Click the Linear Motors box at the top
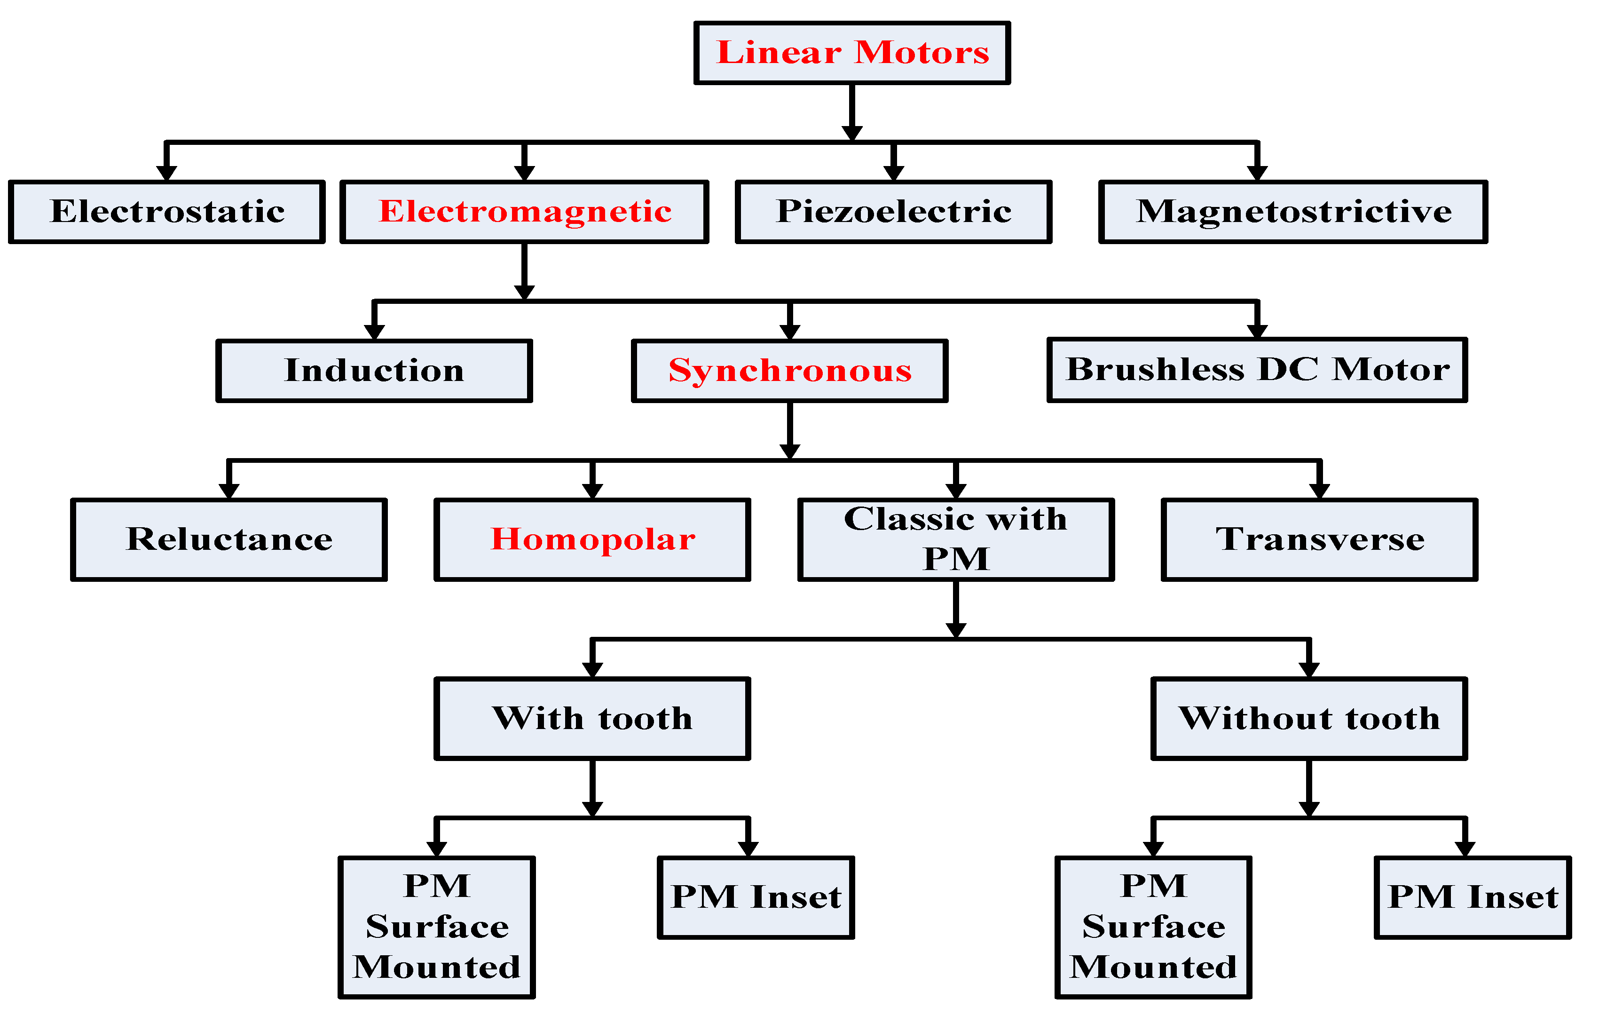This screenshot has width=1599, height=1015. pyautogui.click(x=852, y=53)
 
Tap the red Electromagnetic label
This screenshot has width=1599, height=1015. pyautogui.click(x=525, y=211)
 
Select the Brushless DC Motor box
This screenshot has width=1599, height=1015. pyautogui.click(x=1257, y=370)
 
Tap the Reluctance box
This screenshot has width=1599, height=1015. pyautogui.click(x=228, y=539)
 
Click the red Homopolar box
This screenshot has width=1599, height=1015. pyautogui.click(x=592, y=539)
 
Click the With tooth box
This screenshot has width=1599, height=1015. pyautogui.click(x=592, y=719)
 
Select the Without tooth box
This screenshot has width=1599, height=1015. pyautogui.click(x=1309, y=719)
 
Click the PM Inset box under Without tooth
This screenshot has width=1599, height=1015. pyautogui.click(x=1473, y=897)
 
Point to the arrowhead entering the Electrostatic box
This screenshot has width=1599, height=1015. pyautogui.click(x=167, y=173)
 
